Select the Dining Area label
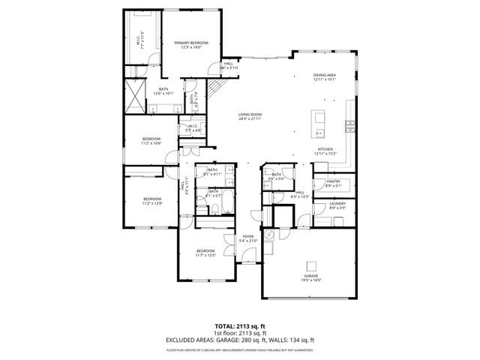[324, 76]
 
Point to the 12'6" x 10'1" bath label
[163, 91]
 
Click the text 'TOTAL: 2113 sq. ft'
[239, 326]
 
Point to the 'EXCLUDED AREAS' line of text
[239, 340]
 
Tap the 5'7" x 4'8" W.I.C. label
[193, 128]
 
